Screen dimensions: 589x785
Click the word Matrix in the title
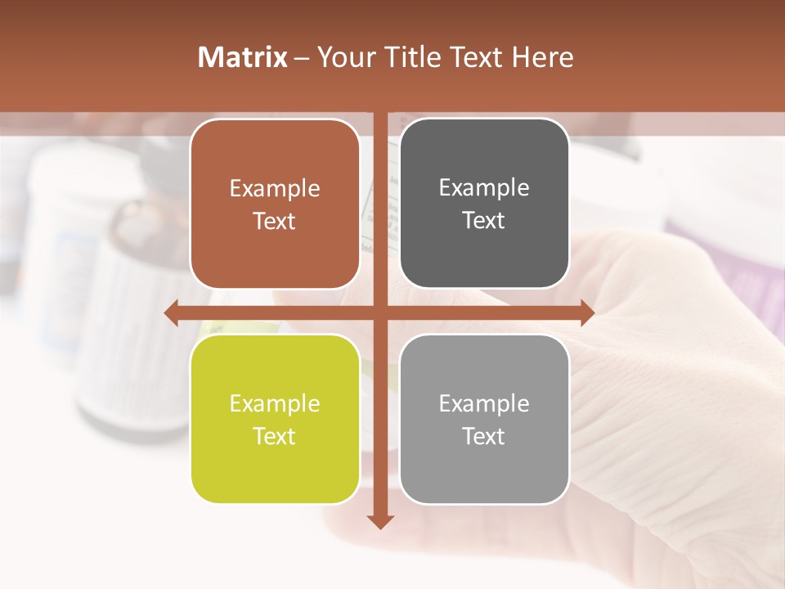(242, 57)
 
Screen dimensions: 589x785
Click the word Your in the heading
(345, 57)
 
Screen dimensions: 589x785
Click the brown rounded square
(275, 204)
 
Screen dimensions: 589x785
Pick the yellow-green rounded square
(275, 419)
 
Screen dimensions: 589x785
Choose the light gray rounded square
(484, 419)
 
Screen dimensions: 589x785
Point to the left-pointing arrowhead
(171, 312)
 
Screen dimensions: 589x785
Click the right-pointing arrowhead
(587, 312)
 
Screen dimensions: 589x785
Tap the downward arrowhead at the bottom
(380, 521)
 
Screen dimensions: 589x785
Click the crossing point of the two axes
(380, 312)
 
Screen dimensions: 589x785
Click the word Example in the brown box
(275, 188)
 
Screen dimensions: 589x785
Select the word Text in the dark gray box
(484, 221)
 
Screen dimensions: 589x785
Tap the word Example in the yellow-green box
(275, 403)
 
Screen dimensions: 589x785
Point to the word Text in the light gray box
(484, 436)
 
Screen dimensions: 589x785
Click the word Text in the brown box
(275, 221)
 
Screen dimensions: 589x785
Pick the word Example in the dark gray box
(484, 187)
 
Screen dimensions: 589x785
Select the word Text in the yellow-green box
(275, 436)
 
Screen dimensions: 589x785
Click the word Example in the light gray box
(484, 403)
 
